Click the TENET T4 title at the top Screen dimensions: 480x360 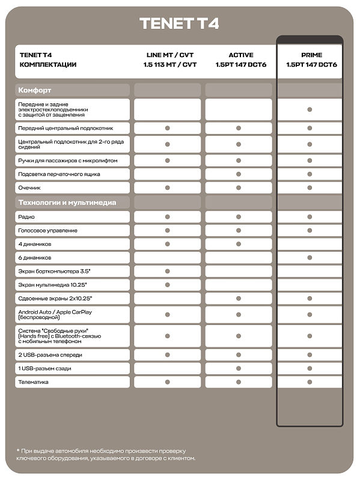(179, 23)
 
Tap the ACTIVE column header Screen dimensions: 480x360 (240, 59)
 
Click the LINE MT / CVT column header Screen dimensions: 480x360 (170, 59)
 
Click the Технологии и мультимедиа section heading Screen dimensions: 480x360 (67, 202)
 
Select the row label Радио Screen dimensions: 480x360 (27, 217)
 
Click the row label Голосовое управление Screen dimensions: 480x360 (47, 231)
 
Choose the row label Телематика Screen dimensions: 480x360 (34, 382)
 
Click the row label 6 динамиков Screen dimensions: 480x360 (35, 258)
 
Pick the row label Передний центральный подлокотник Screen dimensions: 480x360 (66, 129)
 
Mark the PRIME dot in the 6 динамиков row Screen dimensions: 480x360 (310, 257)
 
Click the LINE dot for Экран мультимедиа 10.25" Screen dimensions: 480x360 (168, 285)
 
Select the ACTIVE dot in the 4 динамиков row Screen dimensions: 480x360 (239, 244)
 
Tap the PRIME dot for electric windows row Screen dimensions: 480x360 (310, 109)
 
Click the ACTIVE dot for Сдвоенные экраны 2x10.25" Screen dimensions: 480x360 (239, 299)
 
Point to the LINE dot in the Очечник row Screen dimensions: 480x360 (168, 188)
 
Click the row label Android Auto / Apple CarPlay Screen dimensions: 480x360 (55, 314)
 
